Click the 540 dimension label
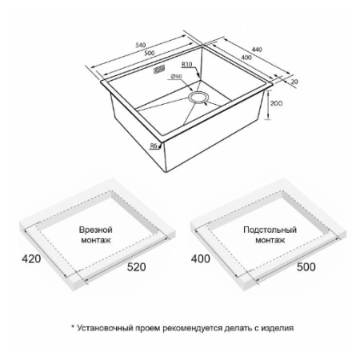click(x=140, y=45)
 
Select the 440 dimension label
click(x=257, y=50)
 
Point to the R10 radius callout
click(x=187, y=64)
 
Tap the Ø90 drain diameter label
click(x=176, y=77)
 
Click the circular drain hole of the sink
click(x=198, y=97)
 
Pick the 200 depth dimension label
click(x=276, y=103)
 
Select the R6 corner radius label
click(x=154, y=146)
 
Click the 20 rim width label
click(x=294, y=82)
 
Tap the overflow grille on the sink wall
click(x=159, y=69)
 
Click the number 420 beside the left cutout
click(x=31, y=258)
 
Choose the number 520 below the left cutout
click(x=136, y=267)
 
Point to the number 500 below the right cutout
click(x=306, y=267)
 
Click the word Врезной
click(x=96, y=230)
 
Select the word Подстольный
click(x=270, y=230)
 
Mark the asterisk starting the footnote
click(x=73, y=326)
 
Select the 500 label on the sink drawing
click(x=150, y=53)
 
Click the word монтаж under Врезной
click(x=96, y=240)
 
